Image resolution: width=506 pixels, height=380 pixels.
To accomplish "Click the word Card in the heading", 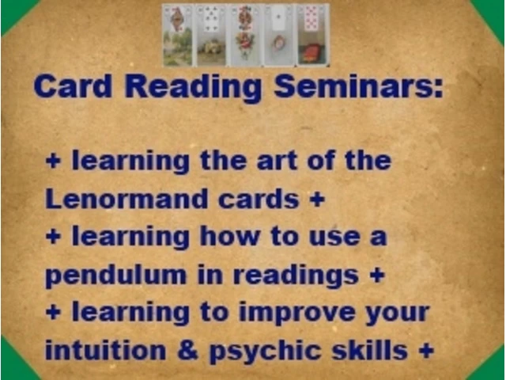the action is tap(73, 86).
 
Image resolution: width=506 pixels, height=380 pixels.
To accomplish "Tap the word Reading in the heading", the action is tap(193, 88).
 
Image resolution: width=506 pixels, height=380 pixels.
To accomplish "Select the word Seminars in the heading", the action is tap(358, 86).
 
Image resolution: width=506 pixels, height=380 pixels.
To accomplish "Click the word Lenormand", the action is tap(126, 199).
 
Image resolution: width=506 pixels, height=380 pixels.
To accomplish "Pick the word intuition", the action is tap(105, 350).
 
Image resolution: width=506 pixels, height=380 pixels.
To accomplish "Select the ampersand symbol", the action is tap(187, 350).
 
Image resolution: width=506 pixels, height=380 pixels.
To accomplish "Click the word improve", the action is tap(297, 313).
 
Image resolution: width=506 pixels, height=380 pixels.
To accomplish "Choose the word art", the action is tap(277, 161).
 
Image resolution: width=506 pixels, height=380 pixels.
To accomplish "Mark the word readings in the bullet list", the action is tap(295, 276).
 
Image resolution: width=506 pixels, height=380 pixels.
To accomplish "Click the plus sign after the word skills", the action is tap(426, 351).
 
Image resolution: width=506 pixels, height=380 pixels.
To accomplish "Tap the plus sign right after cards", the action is tap(317, 199).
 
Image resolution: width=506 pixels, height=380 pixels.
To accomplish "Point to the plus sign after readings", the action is tap(377, 275).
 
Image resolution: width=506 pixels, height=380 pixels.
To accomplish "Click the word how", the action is tap(229, 237).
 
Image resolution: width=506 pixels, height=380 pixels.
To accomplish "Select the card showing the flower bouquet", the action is tap(245, 35).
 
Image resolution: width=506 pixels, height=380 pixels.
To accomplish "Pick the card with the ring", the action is tap(279, 35).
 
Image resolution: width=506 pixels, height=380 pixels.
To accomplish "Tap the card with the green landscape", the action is tap(178, 35).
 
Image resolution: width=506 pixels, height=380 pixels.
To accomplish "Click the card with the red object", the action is tap(312, 35).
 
